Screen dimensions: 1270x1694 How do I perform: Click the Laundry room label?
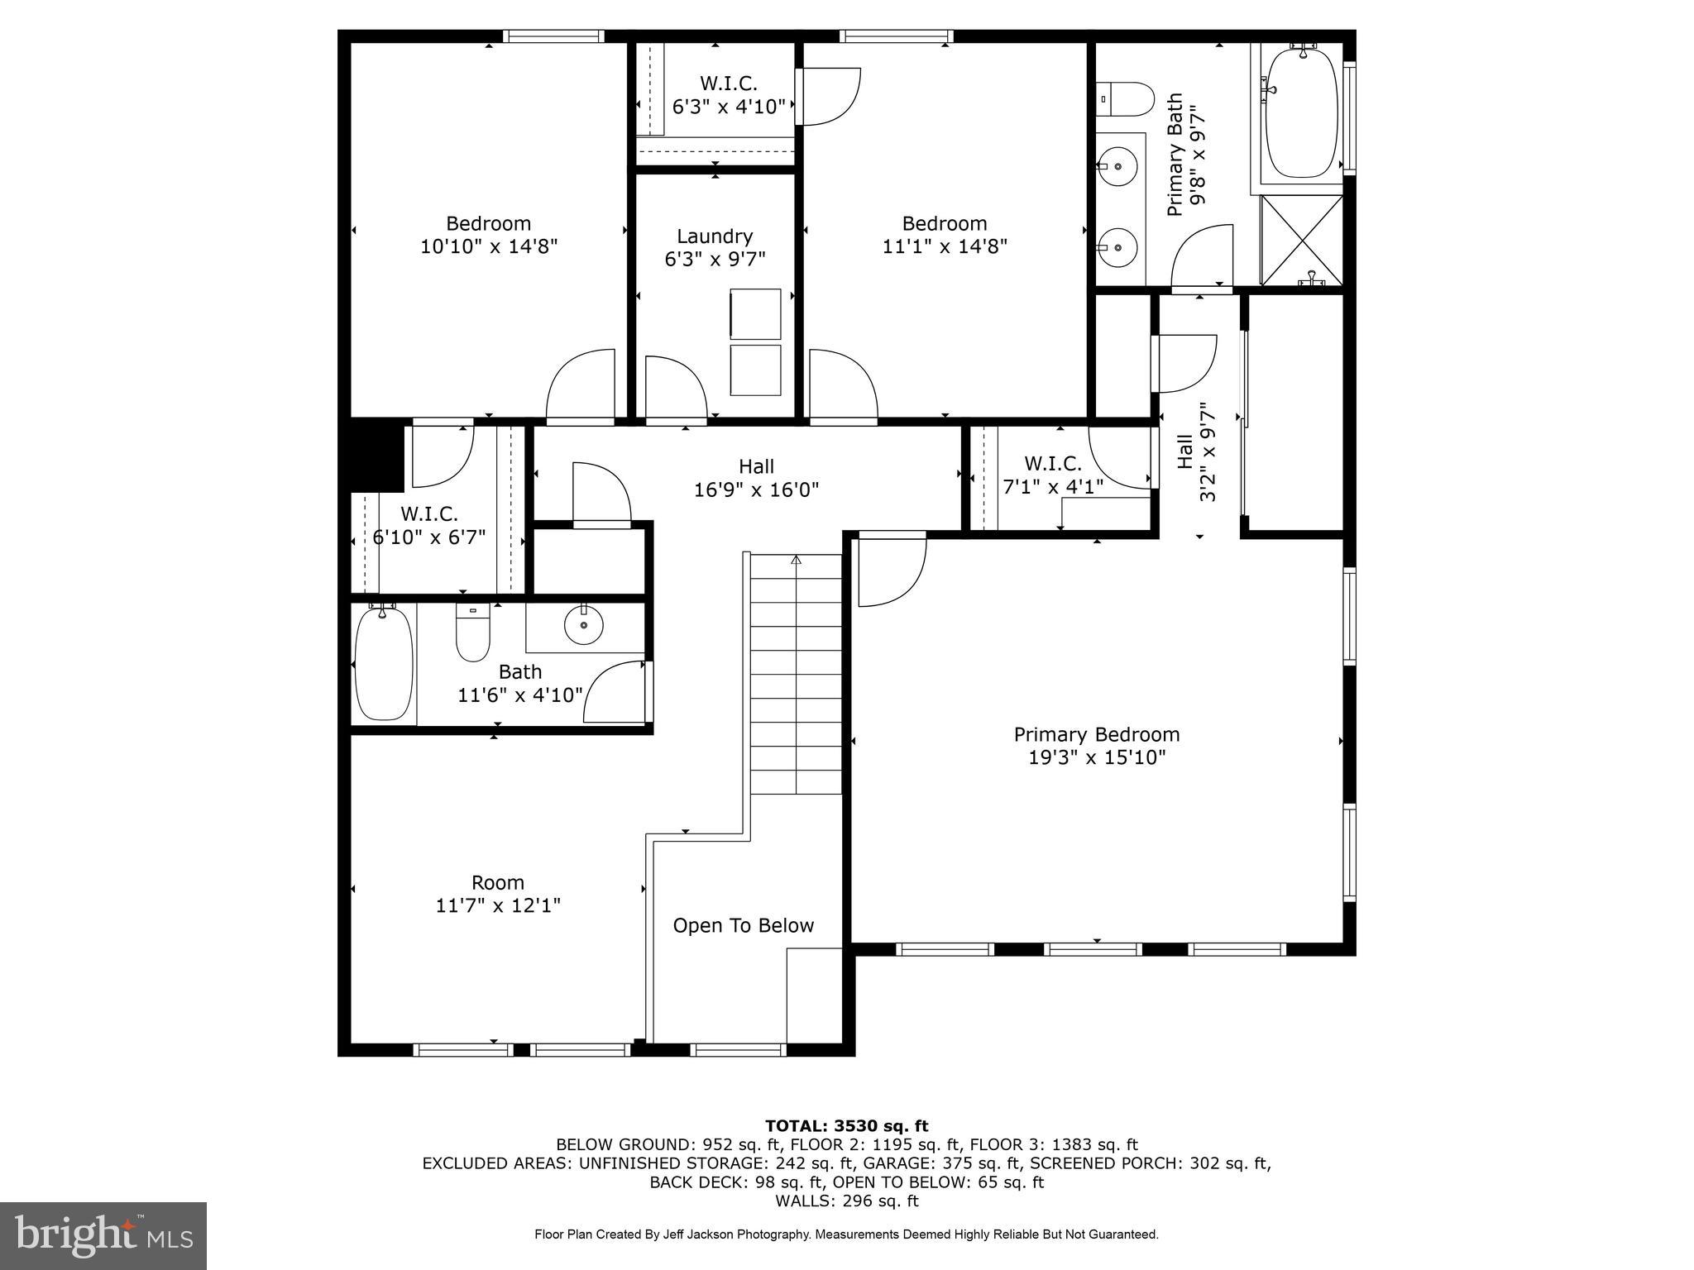click(x=715, y=237)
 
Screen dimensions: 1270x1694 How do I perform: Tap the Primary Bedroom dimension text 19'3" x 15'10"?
click(x=1097, y=757)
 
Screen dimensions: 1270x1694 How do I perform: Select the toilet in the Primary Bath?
click(x=1124, y=100)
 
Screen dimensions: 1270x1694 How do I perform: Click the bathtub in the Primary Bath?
click(x=1301, y=112)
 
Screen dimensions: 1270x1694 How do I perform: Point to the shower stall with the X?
click(x=1301, y=241)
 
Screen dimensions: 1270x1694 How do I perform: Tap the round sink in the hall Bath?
click(x=584, y=624)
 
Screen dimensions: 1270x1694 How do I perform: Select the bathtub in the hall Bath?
click(x=383, y=664)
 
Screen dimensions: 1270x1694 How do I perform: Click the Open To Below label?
click(x=743, y=925)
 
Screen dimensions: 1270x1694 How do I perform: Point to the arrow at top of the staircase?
click(x=796, y=561)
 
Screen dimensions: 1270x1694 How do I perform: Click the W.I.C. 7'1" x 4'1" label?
click(x=1052, y=475)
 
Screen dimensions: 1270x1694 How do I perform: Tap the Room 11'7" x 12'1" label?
click(x=498, y=894)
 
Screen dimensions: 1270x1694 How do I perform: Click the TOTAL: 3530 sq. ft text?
click(x=846, y=1125)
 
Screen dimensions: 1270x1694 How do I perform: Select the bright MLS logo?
click(x=103, y=1234)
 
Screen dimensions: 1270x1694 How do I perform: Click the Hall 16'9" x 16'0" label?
click(x=756, y=478)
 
